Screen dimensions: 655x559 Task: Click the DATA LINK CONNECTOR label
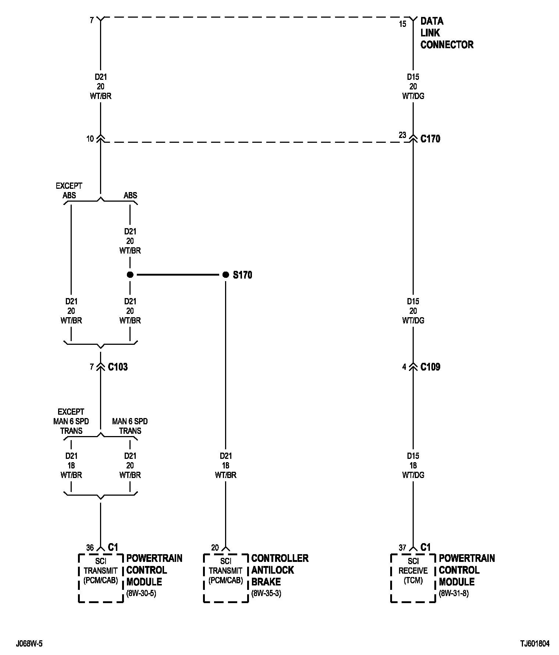[446, 33]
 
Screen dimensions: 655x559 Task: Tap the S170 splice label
[242, 275]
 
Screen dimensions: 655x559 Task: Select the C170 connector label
[430, 139]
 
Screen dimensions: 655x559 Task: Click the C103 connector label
[118, 367]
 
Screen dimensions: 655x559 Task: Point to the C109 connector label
[430, 367]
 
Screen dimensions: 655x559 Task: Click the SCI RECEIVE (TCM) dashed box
[413, 578]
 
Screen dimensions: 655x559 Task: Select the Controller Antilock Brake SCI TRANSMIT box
[226, 578]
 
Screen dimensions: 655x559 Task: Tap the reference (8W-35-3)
[266, 594]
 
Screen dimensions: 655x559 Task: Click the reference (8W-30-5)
[141, 594]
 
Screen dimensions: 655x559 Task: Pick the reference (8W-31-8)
[454, 594]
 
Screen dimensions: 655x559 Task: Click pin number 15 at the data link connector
[403, 24]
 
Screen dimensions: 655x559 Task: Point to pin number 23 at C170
[403, 135]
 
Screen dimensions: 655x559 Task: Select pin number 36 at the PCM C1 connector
[90, 548]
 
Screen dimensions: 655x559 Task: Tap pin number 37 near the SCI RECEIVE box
[403, 548]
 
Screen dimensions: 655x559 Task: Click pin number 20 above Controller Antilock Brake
[215, 548]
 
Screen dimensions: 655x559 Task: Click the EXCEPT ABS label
[69, 191]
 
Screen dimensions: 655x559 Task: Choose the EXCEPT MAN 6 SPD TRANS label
[71, 421]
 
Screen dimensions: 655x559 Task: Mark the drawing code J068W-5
[29, 644]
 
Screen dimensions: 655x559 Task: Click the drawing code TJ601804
[535, 644]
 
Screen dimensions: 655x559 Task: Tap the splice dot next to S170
[226, 275]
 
